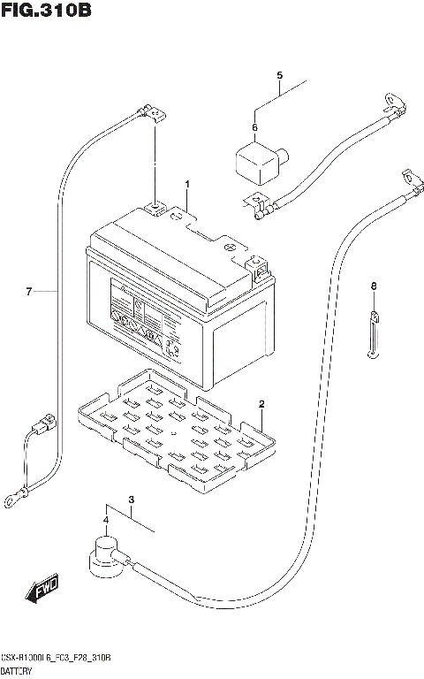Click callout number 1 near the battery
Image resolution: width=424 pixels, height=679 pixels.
(187, 184)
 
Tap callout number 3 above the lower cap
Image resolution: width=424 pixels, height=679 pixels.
(131, 501)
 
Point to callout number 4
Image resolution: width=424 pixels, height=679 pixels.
(279, 74)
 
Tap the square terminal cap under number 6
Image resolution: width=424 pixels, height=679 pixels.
(256, 163)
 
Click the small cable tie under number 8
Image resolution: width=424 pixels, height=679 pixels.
(373, 336)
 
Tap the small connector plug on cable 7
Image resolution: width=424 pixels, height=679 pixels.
(42, 432)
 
